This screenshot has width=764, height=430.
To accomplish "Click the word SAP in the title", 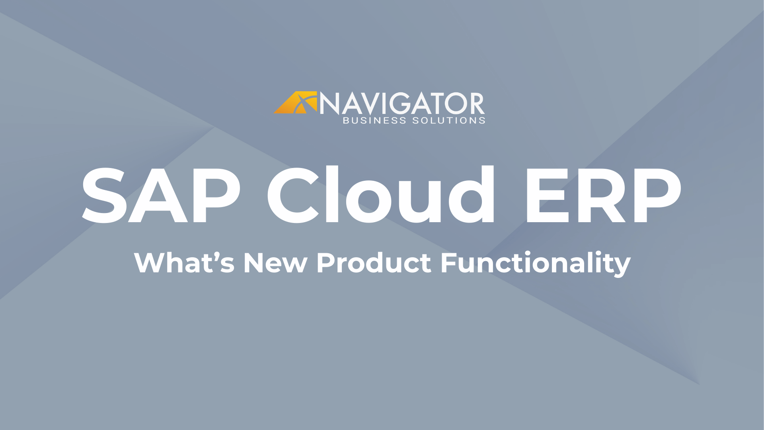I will click(x=161, y=195).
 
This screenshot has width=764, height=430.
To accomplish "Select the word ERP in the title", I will click(x=602, y=195).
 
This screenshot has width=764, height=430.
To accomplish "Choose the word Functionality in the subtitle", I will click(x=535, y=264).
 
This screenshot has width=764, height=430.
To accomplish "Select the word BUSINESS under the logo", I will click(x=374, y=121).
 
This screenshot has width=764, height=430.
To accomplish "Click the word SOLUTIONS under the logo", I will click(x=448, y=121).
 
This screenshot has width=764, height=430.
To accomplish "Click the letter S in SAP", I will click(x=104, y=195).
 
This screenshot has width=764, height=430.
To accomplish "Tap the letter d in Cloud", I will click(x=472, y=194).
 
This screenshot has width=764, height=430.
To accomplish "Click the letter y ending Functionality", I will click(x=622, y=266).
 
